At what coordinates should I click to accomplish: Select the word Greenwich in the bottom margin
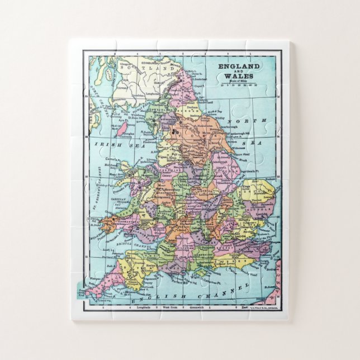(x=197, y=307)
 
